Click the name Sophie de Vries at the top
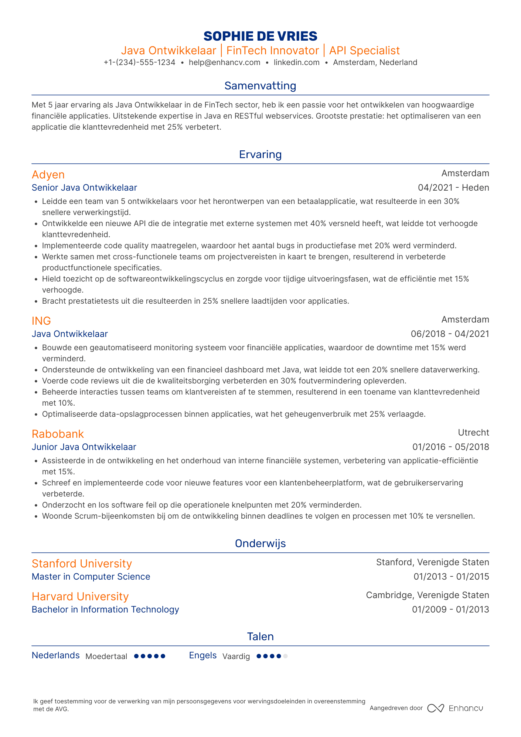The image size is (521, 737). click(260, 36)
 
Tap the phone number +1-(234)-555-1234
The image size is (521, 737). click(139, 62)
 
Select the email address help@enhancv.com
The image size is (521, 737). click(224, 62)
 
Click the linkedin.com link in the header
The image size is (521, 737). click(296, 62)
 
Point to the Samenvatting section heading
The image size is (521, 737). click(260, 86)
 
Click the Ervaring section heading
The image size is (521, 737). click(260, 154)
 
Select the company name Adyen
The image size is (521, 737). click(48, 175)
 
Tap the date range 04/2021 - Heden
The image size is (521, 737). click(453, 188)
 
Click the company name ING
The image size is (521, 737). click(41, 321)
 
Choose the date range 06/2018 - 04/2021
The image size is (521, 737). click(450, 334)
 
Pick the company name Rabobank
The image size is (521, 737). click(58, 434)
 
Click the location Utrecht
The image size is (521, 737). click(473, 433)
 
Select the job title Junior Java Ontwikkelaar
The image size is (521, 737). click(84, 447)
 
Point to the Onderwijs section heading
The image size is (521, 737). click(260, 543)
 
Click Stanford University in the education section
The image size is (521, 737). click(82, 564)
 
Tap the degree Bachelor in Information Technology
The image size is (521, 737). click(105, 610)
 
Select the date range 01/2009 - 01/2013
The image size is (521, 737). click(450, 610)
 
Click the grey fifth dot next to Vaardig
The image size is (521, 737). click(285, 656)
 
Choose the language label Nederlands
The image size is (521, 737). click(56, 655)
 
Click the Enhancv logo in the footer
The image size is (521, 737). click(455, 708)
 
